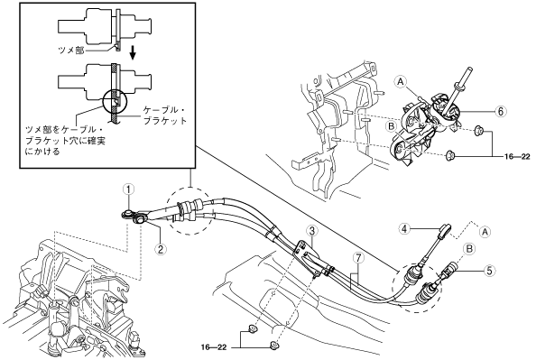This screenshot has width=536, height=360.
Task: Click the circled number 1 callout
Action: click(129, 189)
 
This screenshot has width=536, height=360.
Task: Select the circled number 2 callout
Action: click(160, 248)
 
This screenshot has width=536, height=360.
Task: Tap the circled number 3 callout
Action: click(311, 230)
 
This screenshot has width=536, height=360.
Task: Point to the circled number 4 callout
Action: click(404, 228)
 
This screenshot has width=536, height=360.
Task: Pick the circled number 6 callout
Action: click(501, 111)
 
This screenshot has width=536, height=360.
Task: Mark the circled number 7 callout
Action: click(358, 258)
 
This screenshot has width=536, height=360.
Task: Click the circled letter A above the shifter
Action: click(401, 81)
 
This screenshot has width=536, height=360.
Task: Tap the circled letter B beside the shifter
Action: click(392, 126)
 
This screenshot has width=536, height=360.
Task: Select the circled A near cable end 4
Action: click(485, 232)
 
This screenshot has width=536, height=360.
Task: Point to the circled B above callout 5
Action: click(469, 248)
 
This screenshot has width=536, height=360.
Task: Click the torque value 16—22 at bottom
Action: click(214, 347)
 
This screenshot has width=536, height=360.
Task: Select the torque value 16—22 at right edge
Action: click(517, 157)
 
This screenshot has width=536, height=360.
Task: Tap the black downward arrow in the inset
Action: click(134, 53)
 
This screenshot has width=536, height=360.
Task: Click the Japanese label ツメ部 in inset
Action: click(71, 51)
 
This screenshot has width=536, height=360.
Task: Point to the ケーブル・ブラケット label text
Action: click(165, 115)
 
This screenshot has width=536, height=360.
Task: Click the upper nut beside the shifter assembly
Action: click(478, 130)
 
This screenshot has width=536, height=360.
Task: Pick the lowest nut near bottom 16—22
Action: click(274, 345)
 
